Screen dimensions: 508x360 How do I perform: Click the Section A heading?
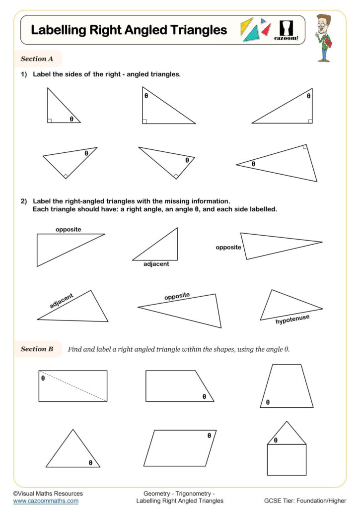point(37,59)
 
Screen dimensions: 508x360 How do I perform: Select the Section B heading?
point(37,349)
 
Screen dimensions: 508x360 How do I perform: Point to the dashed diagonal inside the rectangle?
point(73,386)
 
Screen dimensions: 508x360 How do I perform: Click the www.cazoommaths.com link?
point(46,501)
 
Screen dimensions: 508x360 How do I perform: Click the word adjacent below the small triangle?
point(156,264)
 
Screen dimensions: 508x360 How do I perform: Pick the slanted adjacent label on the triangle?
point(62,301)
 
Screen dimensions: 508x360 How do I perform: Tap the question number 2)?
point(23,201)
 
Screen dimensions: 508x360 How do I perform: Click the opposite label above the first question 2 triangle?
point(68,229)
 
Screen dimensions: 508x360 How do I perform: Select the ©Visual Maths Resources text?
point(48,494)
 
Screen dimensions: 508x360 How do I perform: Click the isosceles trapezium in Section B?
point(287,386)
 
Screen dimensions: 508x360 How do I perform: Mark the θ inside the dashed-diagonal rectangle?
point(43,378)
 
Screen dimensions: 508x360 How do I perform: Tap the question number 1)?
point(23,74)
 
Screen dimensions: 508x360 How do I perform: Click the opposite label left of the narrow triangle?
point(228,247)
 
